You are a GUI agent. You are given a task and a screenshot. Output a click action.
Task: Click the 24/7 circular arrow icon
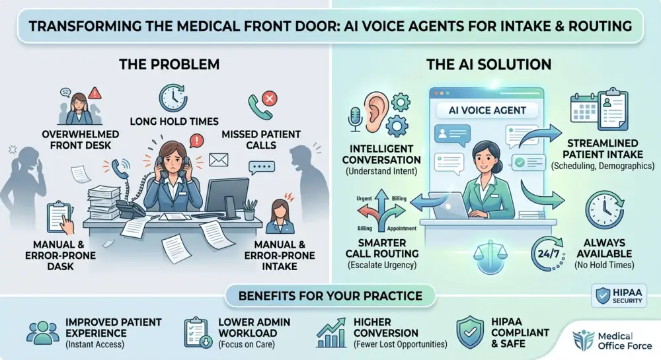pos(547,254)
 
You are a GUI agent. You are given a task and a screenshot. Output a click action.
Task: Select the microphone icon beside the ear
pos(355,119)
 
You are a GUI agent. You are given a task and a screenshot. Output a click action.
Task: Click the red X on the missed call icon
pos(270,99)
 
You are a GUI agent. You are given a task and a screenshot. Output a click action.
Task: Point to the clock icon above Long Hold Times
pos(173,98)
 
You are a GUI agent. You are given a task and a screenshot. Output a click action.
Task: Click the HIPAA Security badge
pos(619,295)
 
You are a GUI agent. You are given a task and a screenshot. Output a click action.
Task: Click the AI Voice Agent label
pos(487,110)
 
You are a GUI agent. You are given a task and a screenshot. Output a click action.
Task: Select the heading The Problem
pos(169,65)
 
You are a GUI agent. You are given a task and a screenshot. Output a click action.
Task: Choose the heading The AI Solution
pos(488,65)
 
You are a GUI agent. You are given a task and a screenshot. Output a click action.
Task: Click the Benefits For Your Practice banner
pos(330,295)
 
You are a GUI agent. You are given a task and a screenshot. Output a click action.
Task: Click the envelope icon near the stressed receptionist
pos(218,160)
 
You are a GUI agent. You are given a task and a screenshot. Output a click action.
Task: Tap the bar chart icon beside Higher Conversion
pos(331,333)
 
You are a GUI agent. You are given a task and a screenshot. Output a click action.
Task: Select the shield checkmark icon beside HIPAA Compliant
pos(470,332)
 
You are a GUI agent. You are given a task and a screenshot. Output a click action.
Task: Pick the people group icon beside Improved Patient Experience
pos(42,333)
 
